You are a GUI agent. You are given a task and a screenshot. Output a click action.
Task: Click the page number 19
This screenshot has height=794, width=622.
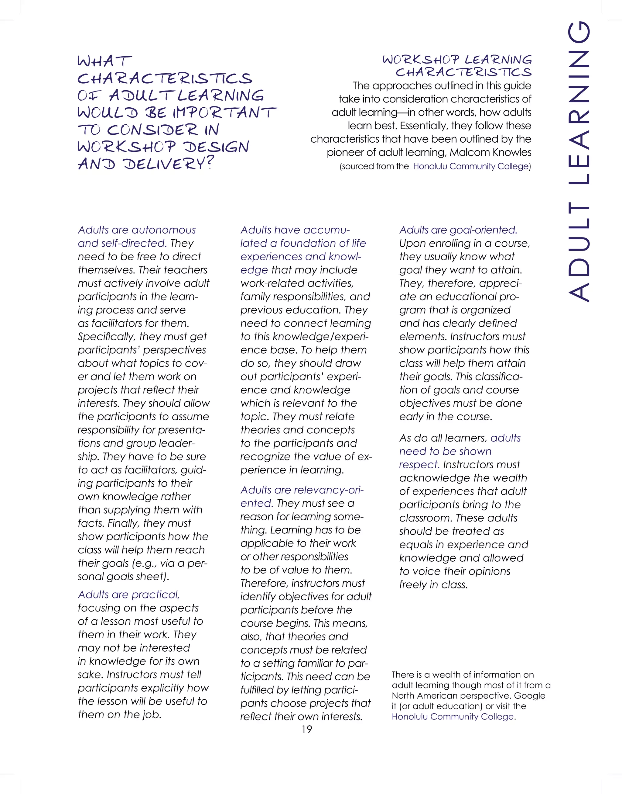(x=307, y=729)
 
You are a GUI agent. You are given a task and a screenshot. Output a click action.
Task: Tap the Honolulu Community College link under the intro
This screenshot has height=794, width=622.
(x=471, y=166)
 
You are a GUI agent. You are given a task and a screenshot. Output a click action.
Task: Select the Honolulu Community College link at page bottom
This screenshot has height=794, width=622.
(x=453, y=716)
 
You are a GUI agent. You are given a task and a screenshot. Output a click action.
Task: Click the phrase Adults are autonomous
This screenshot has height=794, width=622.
(x=137, y=230)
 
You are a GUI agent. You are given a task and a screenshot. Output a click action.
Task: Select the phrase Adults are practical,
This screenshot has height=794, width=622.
(x=128, y=595)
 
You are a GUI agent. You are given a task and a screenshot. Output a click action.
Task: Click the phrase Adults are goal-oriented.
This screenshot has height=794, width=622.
(x=458, y=230)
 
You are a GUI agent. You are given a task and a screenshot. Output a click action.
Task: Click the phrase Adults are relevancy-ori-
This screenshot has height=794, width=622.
(x=302, y=490)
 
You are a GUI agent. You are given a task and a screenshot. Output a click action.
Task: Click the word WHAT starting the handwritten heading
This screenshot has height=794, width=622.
(x=104, y=61)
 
